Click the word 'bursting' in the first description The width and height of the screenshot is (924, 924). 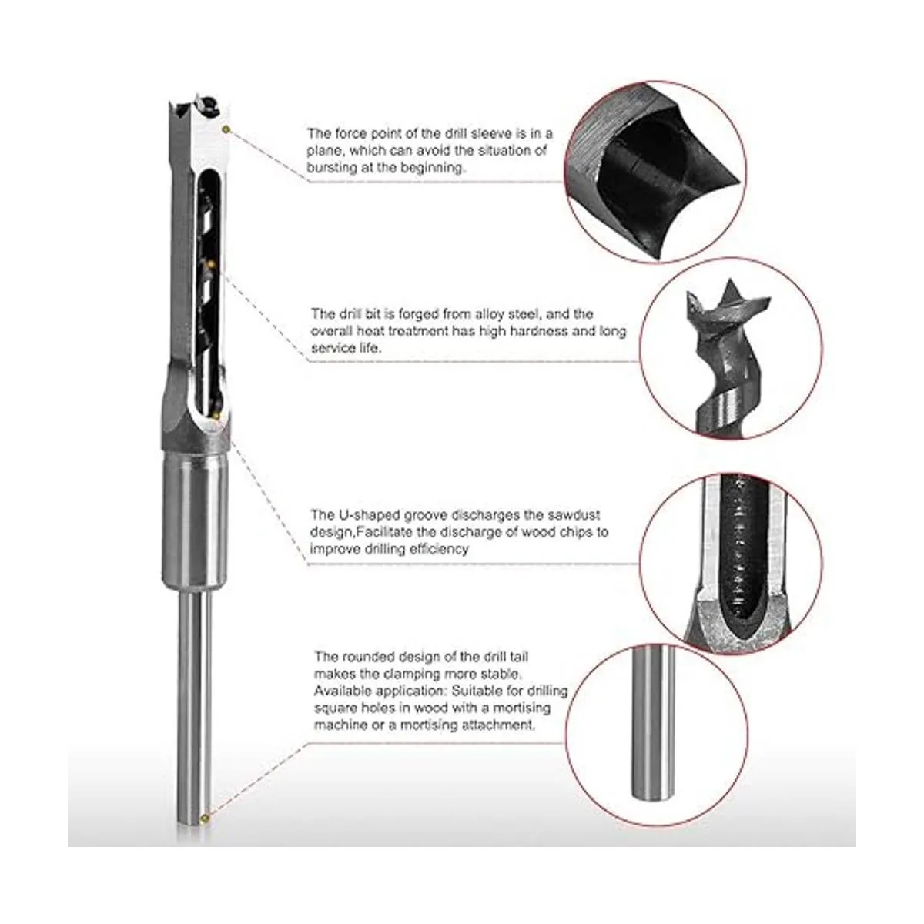[332, 167]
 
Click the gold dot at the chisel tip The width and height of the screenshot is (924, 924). [226, 129]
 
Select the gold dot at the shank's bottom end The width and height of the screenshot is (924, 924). [204, 817]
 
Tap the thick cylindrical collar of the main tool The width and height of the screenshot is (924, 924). [196, 516]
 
